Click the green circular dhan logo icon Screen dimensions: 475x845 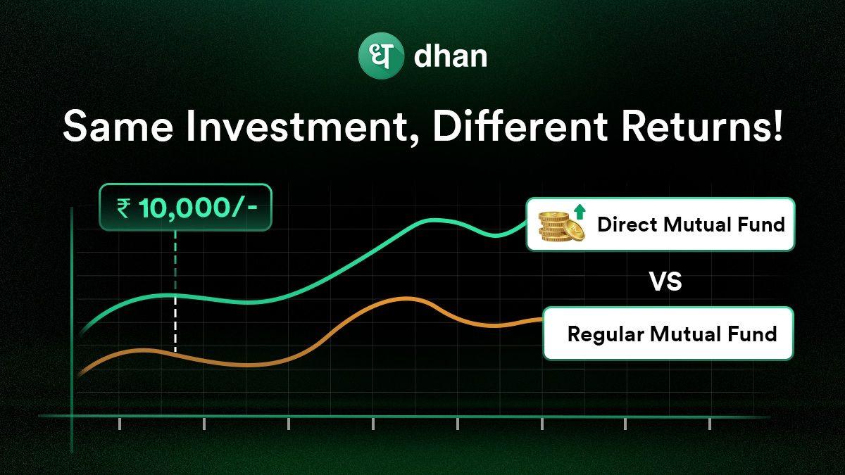381,56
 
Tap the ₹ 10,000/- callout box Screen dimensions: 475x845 185,207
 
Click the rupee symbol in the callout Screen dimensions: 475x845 123,208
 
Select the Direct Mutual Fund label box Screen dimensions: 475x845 661,224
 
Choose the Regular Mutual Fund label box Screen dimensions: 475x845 668,334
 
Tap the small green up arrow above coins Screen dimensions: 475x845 580,210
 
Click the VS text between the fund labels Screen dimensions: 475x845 665,282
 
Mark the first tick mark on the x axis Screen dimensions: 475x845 120,423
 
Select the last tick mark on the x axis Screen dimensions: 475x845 709,423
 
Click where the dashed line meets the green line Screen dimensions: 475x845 175,296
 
